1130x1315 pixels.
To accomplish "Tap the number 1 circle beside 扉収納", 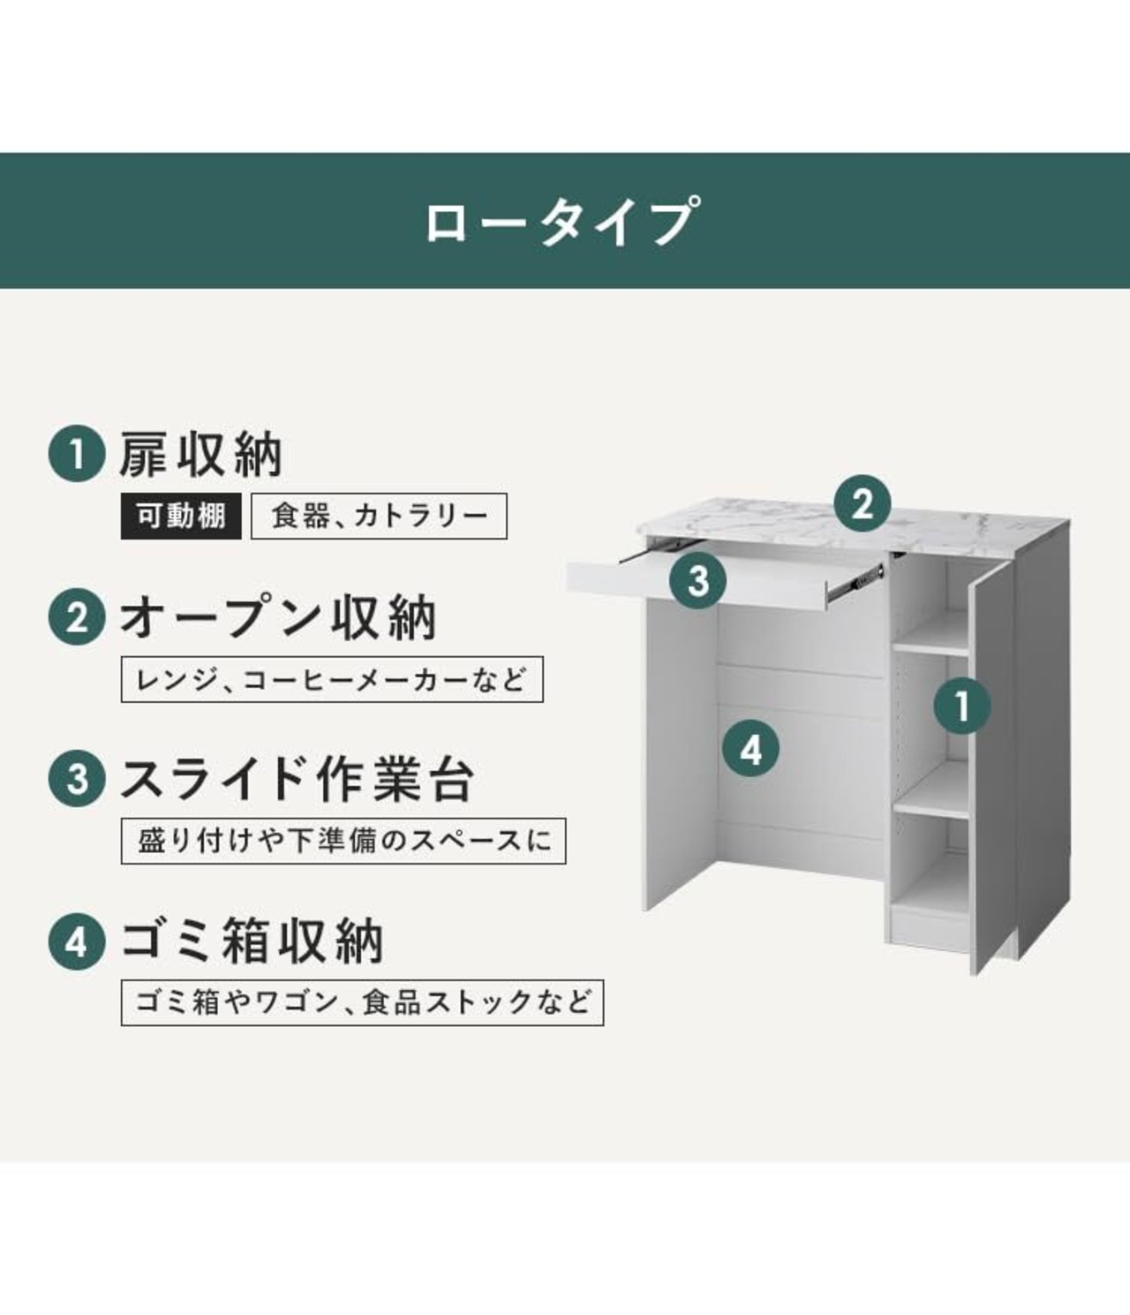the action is [78, 456].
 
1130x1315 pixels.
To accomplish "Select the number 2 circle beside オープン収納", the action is [78, 617].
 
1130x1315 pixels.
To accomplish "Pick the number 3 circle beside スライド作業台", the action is [78, 779].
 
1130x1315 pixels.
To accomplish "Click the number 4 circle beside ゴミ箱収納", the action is [78, 941].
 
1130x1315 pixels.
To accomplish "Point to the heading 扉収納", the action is [201, 456].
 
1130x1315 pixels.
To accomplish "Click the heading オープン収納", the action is [278, 617].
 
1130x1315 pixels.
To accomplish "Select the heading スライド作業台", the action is [298, 779].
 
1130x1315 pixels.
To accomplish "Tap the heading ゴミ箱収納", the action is [252, 941].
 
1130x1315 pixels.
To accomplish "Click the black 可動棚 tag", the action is [181, 517].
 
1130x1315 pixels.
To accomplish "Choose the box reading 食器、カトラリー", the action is [379, 517].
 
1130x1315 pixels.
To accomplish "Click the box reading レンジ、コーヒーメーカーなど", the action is [331, 679].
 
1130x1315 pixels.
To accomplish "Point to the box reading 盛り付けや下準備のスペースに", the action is [343, 841].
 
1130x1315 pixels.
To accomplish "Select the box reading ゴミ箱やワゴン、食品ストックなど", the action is [362, 1002].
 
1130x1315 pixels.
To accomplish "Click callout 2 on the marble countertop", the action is [863, 504].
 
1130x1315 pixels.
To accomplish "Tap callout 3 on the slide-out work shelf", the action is [698, 581].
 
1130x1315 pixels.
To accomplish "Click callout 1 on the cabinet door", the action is [962, 706].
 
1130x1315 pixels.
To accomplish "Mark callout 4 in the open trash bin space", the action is [750, 750].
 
